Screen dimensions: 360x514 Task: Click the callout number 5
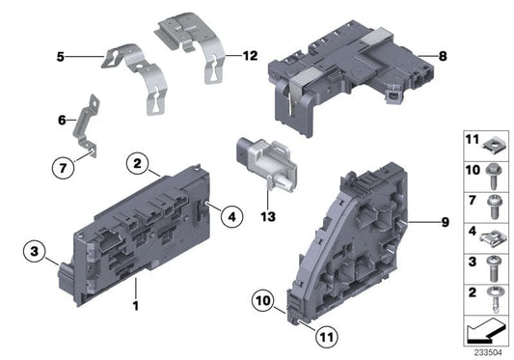click(x=59, y=58)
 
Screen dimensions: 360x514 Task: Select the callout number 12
click(x=250, y=55)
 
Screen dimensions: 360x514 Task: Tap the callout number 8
click(x=443, y=58)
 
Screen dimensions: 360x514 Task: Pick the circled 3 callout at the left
click(x=33, y=254)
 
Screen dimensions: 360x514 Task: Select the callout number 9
click(x=445, y=223)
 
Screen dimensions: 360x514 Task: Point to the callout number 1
click(x=136, y=307)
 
